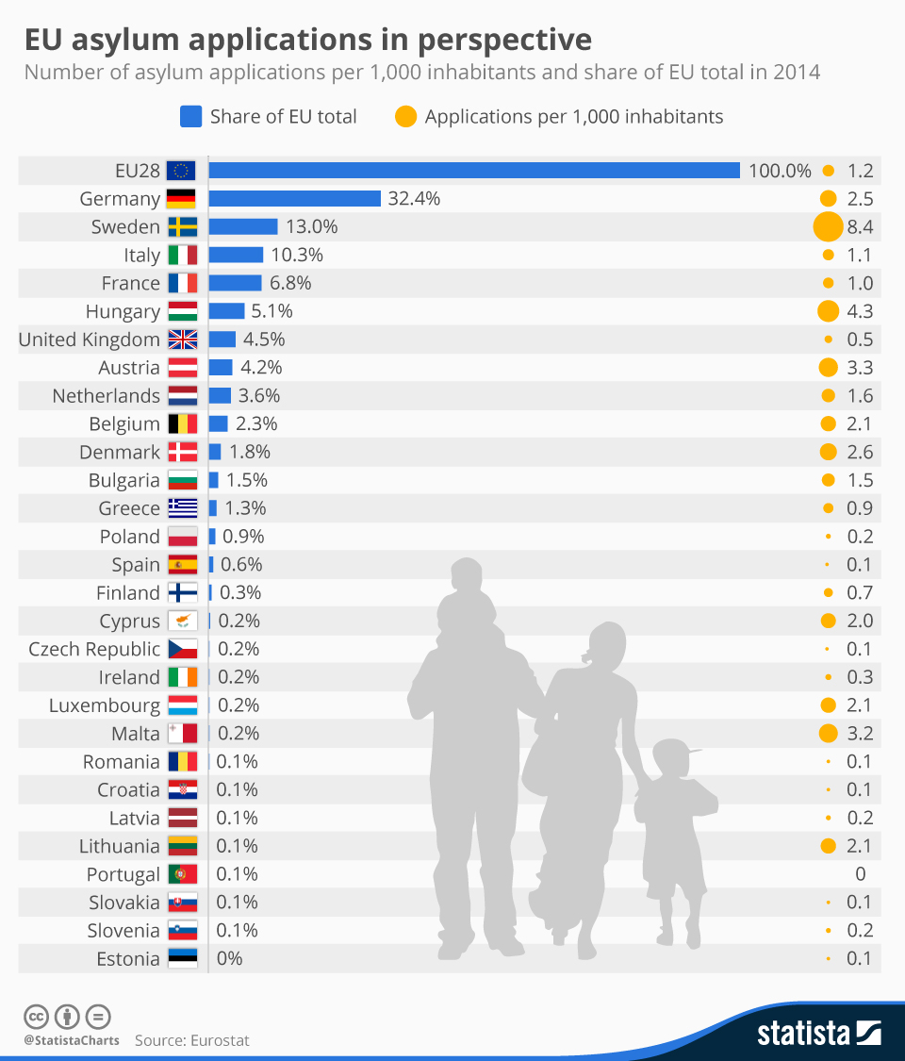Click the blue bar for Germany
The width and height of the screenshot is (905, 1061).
[x=294, y=198]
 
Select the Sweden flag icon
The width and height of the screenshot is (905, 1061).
[x=182, y=226]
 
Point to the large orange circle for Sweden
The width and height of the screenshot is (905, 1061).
[x=828, y=226]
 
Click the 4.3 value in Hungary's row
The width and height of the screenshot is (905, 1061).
[x=860, y=311]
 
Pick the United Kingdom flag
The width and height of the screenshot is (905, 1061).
[x=182, y=340]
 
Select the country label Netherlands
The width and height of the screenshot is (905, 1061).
[x=107, y=395]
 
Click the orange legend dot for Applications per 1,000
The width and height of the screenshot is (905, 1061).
[x=405, y=117]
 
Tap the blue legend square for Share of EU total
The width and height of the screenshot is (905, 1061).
[x=190, y=117]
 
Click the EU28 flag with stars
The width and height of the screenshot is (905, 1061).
[x=181, y=171]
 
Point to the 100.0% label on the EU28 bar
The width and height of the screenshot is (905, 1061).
[x=780, y=171]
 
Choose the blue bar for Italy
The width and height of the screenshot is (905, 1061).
[x=236, y=255]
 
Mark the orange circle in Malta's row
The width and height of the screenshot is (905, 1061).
[x=829, y=733]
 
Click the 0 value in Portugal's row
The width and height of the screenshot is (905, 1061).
[x=860, y=873]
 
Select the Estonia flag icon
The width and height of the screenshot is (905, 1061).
[x=182, y=958]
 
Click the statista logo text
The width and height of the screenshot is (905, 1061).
[x=804, y=1033]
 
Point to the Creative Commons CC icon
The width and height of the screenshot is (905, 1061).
[x=36, y=1017]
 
